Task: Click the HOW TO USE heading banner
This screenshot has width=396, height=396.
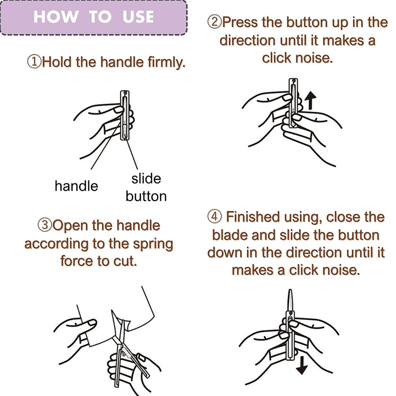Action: [x=94, y=17]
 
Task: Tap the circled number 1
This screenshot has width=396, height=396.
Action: [x=34, y=62]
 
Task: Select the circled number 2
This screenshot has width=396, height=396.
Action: [x=214, y=22]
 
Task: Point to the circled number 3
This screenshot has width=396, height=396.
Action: [x=45, y=225]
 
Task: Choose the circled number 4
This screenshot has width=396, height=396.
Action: [x=214, y=216]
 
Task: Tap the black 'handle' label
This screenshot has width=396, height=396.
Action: [x=76, y=186]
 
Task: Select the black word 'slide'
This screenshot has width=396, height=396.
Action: [x=146, y=179]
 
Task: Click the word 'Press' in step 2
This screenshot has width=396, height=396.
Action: [x=241, y=22]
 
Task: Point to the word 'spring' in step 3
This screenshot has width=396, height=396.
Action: [x=153, y=245]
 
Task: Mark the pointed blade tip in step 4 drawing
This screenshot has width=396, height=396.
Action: [x=290, y=290]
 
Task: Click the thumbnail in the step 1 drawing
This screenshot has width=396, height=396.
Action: [x=118, y=110]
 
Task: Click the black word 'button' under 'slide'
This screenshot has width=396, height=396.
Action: [x=146, y=196]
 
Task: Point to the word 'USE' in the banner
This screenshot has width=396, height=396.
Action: [x=138, y=17]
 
